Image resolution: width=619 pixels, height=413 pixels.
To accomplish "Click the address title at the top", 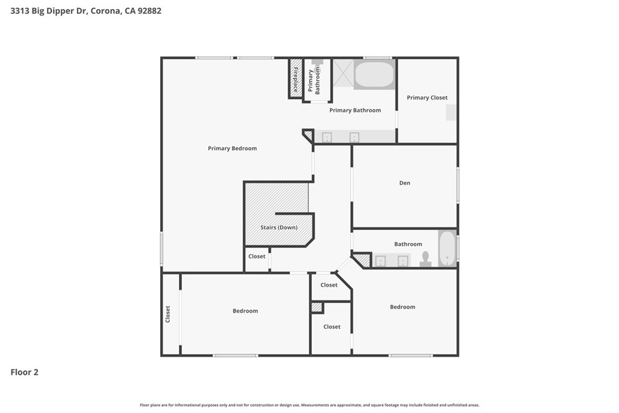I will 86,11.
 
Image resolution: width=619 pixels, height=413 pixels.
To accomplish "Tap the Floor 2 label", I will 25,372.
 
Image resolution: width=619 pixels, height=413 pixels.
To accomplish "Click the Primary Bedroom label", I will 232,148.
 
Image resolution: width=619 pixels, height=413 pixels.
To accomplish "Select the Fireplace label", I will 296,79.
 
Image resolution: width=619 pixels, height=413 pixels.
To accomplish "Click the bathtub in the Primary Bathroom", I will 374,75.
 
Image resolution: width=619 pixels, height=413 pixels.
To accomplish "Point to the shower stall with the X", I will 343,73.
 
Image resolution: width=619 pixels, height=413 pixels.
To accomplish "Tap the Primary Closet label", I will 427,97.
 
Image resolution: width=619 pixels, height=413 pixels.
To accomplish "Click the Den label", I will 404,183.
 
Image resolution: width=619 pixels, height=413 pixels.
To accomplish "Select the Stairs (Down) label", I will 279,227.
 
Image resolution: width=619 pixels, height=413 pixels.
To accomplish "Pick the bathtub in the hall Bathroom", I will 447,249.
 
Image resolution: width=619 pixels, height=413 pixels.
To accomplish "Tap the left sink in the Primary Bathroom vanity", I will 326,137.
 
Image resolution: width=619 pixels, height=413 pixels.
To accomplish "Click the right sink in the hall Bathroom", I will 403,261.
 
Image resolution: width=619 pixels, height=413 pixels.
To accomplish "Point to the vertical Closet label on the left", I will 168,314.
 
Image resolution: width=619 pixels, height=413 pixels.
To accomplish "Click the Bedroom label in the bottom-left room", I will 245,311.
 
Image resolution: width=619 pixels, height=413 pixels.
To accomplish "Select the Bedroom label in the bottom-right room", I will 403,307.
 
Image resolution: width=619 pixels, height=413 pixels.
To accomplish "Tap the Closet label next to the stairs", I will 257,256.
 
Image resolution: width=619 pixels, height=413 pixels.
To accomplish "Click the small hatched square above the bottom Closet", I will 317,307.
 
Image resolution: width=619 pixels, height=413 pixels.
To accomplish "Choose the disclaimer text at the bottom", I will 309,405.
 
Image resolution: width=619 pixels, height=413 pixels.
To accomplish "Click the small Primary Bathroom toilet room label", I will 314,80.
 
